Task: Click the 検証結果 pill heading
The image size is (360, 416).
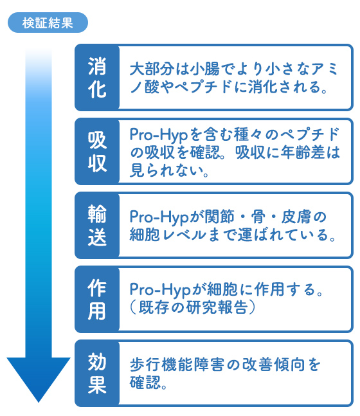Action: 48,23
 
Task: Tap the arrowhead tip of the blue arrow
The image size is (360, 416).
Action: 39,402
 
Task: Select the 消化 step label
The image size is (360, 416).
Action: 97,77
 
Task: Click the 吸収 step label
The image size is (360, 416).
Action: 97,152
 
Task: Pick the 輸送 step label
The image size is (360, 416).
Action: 97,225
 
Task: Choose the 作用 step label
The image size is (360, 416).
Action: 97,299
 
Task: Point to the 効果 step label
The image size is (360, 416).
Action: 97,373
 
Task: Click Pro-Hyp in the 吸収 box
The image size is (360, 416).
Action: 159,135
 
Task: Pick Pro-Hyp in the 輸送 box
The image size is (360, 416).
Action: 159,217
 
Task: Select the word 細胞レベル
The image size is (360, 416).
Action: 168,235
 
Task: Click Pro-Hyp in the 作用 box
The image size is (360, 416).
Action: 159,289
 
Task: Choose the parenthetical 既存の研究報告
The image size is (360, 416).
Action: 193,307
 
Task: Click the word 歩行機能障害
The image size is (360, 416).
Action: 177,365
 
